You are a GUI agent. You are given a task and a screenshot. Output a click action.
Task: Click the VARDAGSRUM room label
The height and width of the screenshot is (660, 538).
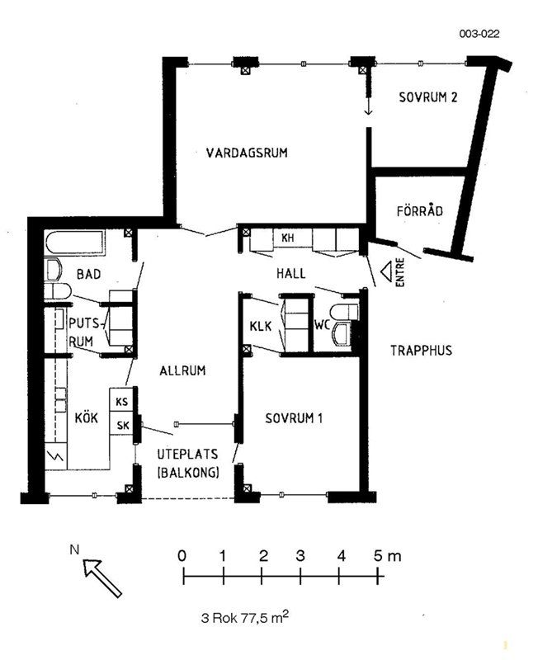pyautogui.click(x=247, y=153)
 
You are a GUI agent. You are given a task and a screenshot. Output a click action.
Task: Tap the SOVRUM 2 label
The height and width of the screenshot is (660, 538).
pyautogui.click(x=427, y=97)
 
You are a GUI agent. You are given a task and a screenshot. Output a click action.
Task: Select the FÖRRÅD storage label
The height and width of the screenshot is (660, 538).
pyautogui.click(x=420, y=210)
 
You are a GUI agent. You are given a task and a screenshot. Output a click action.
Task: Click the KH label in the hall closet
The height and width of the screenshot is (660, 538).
pyautogui.click(x=287, y=238)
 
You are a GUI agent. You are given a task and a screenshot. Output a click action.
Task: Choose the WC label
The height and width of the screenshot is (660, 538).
pyautogui.click(x=322, y=324)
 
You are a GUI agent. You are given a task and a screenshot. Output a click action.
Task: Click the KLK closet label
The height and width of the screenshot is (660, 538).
pyautogui.click(x=261, y=326)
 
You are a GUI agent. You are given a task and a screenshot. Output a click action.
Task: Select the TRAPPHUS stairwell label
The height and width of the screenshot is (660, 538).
pyautogui.click(x=421, y=350)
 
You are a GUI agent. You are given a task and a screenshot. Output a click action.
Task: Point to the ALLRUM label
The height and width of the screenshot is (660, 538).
pyautogui.click(x=182, y=370)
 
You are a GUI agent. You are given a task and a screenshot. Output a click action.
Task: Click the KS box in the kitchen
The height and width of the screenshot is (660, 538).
pyautogui.click(x=121, y=400)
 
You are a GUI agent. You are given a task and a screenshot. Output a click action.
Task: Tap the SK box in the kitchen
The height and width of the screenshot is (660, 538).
pyautogui.click(x=121, y=424)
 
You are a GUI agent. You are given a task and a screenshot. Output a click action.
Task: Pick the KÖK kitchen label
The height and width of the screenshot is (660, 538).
pyautogui.click(x=87, y=418)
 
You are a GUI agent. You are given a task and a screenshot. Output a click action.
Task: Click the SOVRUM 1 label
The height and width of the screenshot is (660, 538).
pyautogui.click(x=294, y=418)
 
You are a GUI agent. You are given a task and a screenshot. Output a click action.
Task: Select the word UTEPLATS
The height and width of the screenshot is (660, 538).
pyautogui.click(x=188, y=455)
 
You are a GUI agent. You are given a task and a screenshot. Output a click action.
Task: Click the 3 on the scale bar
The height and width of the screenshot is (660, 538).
pyautogui.click(x=300, y=556)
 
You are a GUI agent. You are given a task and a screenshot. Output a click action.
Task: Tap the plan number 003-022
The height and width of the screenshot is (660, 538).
pyautogui.click(x=479, y=34)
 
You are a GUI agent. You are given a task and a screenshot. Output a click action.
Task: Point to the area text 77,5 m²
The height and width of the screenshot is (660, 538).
pyautogui.click(x=264, y=617)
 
